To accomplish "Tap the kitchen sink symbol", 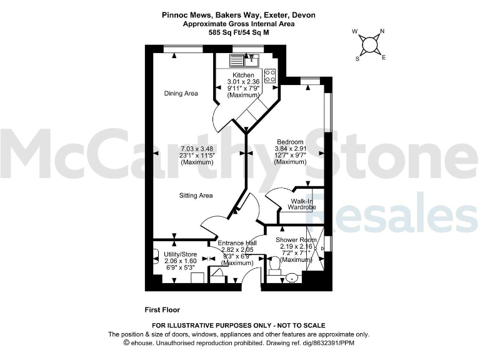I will pos(244,60).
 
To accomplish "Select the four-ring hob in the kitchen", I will pos(270,76).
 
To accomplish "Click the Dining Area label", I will pos(181,94).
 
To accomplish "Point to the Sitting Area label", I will pos(196,196).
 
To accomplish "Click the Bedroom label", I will pos(290,142).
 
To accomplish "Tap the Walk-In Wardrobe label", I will pos(302,204).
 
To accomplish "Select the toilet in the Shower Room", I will pos(273,268).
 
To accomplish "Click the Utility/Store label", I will pos(181,254).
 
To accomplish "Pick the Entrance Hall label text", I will pos(237,242).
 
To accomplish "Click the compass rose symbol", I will pos(369,44).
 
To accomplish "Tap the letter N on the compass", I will pos(382,31).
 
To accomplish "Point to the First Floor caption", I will pos(162,309).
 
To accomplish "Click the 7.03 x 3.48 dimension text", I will pos(196,149).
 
